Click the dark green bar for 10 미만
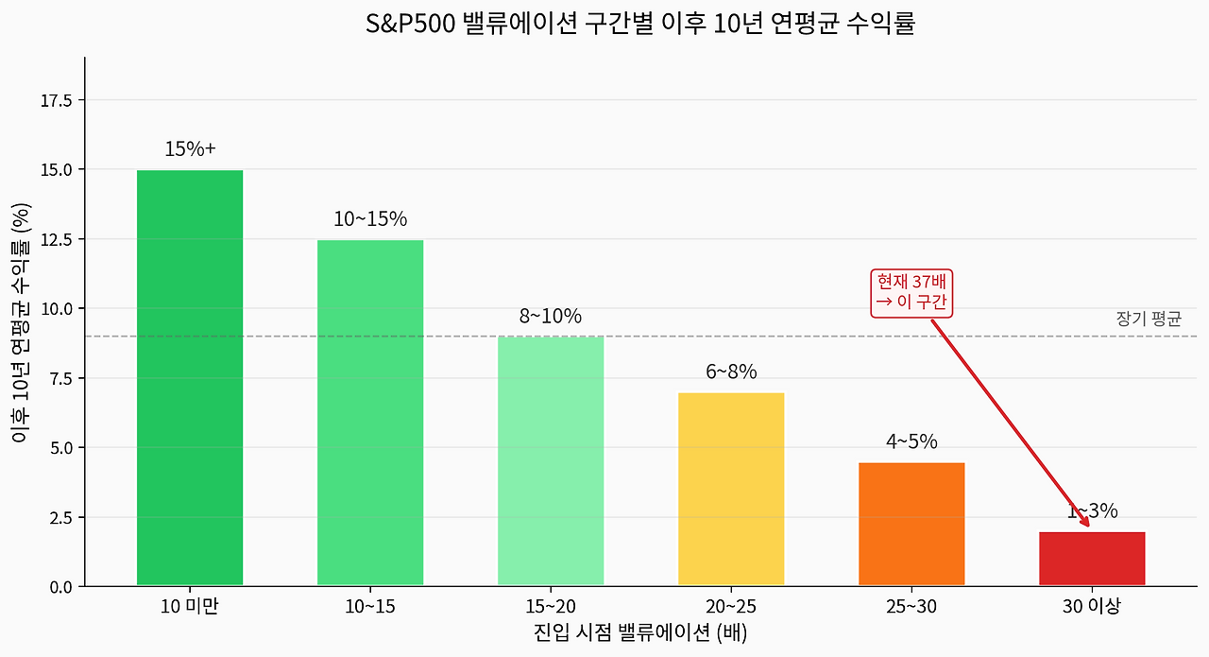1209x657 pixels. [x=190, y=378]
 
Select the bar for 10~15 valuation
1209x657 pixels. [x=370, y=413]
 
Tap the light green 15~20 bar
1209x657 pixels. [x=551, y=461]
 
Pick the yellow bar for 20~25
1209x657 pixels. [x=731, y=490]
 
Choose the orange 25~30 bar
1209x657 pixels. [x=911, y=525]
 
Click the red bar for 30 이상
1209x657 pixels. [x=1092, y=559]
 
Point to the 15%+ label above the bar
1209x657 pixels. [x=190, y=149]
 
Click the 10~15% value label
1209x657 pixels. [x=370, y=219]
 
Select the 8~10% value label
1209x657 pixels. [x=551, y=317]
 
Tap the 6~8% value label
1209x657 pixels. [x=731, y=372]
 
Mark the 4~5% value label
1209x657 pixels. [x=911, y=441]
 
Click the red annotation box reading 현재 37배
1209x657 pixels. [x=911, y=292]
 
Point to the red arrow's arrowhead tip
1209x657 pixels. [x=1089, y=526]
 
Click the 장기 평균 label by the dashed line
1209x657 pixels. [x=1148, y=320]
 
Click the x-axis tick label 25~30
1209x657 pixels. [x=911, y=607]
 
